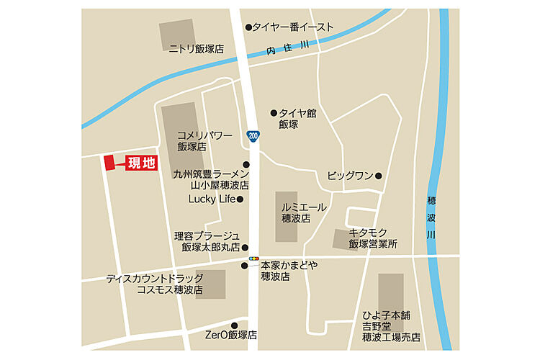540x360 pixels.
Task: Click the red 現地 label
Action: point(142,163)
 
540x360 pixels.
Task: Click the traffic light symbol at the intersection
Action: point(253,257)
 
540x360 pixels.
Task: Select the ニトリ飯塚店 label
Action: point(196,49)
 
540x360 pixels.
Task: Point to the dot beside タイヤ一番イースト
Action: point(248,27)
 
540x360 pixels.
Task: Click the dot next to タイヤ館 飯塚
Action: point(274,113)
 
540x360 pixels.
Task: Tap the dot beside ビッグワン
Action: point(379,175)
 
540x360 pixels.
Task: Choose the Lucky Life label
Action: point(212,199)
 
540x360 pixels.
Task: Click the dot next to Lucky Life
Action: point(240,199)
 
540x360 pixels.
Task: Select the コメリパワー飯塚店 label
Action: point(204,140)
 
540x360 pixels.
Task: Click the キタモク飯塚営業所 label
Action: point(373,238)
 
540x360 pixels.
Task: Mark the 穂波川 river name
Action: point(431,216)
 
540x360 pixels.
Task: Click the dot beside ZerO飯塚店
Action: point(234,325)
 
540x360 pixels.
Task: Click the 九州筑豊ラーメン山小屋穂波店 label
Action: point(211,179)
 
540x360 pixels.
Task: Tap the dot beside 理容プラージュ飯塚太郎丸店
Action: point(245,247)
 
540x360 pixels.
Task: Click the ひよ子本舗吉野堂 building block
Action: point(391,292)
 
